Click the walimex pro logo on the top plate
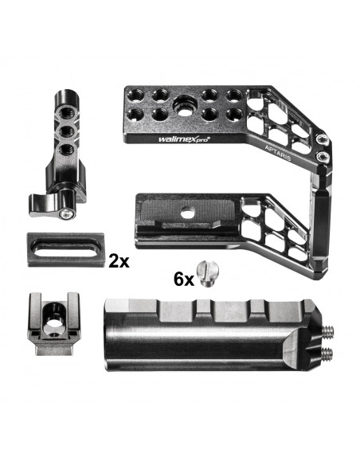point(184,139)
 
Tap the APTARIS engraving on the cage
point(278,152)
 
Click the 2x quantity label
point(119,261)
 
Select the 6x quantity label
point(184,279)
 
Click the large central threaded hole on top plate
point(185,106)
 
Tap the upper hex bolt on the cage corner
point(323,139)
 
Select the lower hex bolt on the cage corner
point(322,157)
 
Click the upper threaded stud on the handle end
point(327,329)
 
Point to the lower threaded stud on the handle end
point(327,352)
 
